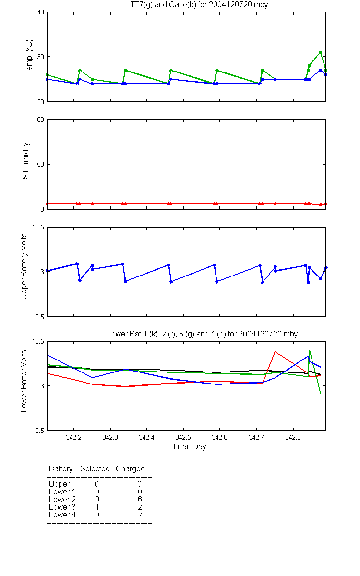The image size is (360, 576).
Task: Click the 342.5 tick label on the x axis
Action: [183, 437]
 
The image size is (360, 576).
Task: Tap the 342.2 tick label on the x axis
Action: [74, 437]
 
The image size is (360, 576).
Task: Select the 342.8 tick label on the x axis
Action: [293, 437]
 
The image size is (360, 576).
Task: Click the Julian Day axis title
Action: [189, 447]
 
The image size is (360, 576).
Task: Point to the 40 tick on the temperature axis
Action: [41, 12]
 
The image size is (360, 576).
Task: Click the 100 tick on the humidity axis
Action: [39, 120]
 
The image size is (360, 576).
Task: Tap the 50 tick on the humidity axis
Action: [41, 164]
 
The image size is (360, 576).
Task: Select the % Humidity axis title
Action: [26, 161]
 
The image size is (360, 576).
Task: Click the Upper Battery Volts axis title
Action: [24, 266]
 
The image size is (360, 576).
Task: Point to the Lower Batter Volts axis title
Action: [24, 381]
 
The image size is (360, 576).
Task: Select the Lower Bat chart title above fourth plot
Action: [202, 334]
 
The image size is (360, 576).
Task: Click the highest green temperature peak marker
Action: [321, 52]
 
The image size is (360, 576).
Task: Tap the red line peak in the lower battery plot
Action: [275, 351]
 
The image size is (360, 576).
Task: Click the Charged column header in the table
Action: [130, 469]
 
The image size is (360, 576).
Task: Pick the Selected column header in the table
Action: [95, 469]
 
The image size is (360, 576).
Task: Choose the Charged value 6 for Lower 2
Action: [140, 499]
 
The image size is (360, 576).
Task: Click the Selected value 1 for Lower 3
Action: [97, 507]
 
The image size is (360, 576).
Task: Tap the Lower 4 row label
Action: [62, 515]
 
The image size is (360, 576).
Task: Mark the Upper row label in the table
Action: [59, 484]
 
